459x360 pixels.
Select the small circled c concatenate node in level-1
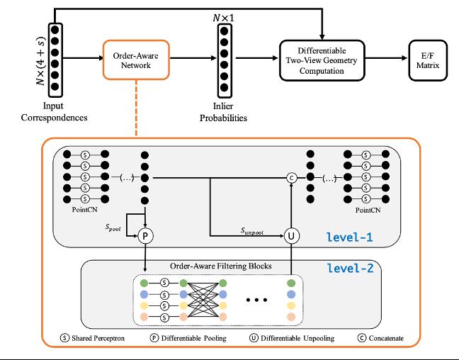tap(290, 178)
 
